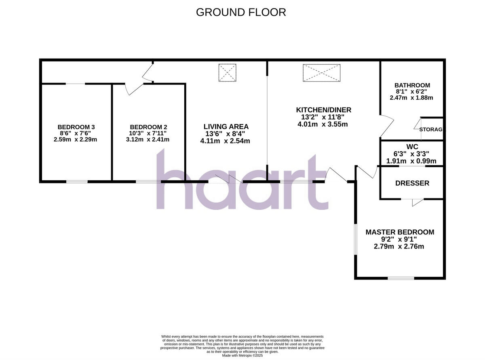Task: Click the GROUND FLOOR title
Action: pyautogui.click(x=241, y=12)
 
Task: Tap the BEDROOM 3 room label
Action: pyautogui.click(x=76, y=126)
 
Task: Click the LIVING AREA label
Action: pyautogui.click(x=226, y=126)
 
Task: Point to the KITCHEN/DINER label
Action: pyautogui.click(x=323, y=110)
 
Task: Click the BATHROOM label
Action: pyautogui.click(x=412, y=85)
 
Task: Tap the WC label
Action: pyautogui.click(x=412, y=146)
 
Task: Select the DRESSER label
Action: pyautogui.click(x=412, y=183)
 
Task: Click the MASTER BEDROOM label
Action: pyautogui.click(x=400, y=232)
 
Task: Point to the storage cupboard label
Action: pyautogui.click(x=431, y=130)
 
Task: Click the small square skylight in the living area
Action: pyautogui.click(x=227, y=73)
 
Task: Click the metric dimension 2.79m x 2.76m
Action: pyautogui.click(x=399, y=246)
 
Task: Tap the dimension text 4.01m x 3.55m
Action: pyautogui.click(x=323, y=124)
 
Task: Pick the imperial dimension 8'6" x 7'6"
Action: pyautogui.click(x=76, y=133)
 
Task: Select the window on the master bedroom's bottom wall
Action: pyautogui.click(x=401, y=278)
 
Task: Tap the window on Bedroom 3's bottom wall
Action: pyautogui.click(x=77, y=182)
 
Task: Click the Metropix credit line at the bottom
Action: pyautogui.click(x=242, y=355)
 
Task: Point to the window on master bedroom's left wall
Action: pyautogui.click(x=355, y=239)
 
